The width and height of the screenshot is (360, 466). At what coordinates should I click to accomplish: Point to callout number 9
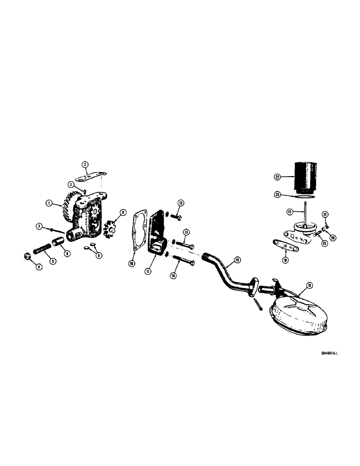123,212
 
